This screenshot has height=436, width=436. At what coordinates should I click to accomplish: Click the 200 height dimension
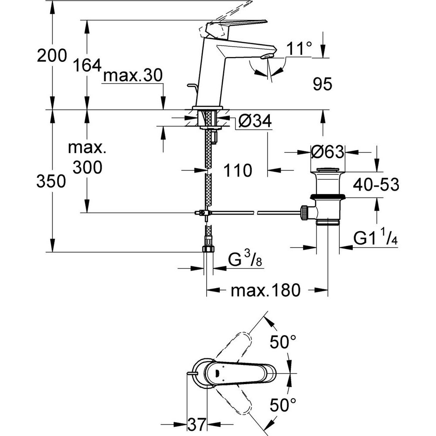[52, 56]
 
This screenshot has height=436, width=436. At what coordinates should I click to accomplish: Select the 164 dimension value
[87, 65]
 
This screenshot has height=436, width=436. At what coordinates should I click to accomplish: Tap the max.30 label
[132, 77]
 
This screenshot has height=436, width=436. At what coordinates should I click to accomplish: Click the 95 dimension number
[323, 84]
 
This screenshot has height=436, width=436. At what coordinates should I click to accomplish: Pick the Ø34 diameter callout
[256, 122]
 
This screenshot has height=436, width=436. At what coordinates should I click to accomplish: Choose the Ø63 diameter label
[327, 152]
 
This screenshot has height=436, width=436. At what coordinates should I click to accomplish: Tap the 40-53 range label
[376, 184]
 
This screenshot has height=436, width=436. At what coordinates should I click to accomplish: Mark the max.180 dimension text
[266, 290]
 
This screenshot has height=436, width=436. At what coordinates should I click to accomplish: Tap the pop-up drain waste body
[328, 196]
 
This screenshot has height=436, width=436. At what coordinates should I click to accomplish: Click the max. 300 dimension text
[87, 157]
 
